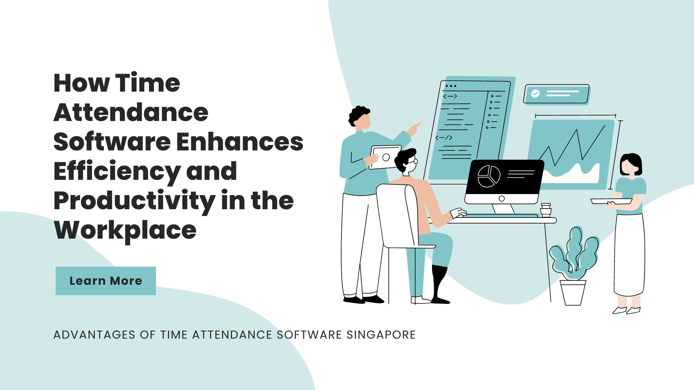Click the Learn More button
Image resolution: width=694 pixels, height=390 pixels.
[x=106, y=281]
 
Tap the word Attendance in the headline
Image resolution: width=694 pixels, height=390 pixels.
[x=131, y=112]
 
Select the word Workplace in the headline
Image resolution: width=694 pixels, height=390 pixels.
[x=125, y=230]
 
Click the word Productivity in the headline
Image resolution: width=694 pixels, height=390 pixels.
[x=134, y=201]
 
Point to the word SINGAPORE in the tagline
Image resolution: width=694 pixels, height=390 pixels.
[x=381, y=335]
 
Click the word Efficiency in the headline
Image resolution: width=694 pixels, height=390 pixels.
[x=117, y=171]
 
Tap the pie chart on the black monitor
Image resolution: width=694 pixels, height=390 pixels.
[x=489, y=176]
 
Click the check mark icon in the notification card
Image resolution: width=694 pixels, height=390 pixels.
[x=535, y=93]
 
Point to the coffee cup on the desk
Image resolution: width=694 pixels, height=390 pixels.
[x=546, y=210]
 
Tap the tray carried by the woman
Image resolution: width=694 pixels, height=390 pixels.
[x=611, y=201]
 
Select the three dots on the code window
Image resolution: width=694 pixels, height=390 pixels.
[x=451, y=86]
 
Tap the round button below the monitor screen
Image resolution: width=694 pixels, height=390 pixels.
[x=502, y=198]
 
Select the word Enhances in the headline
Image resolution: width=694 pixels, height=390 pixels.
[x=240, y=142]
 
